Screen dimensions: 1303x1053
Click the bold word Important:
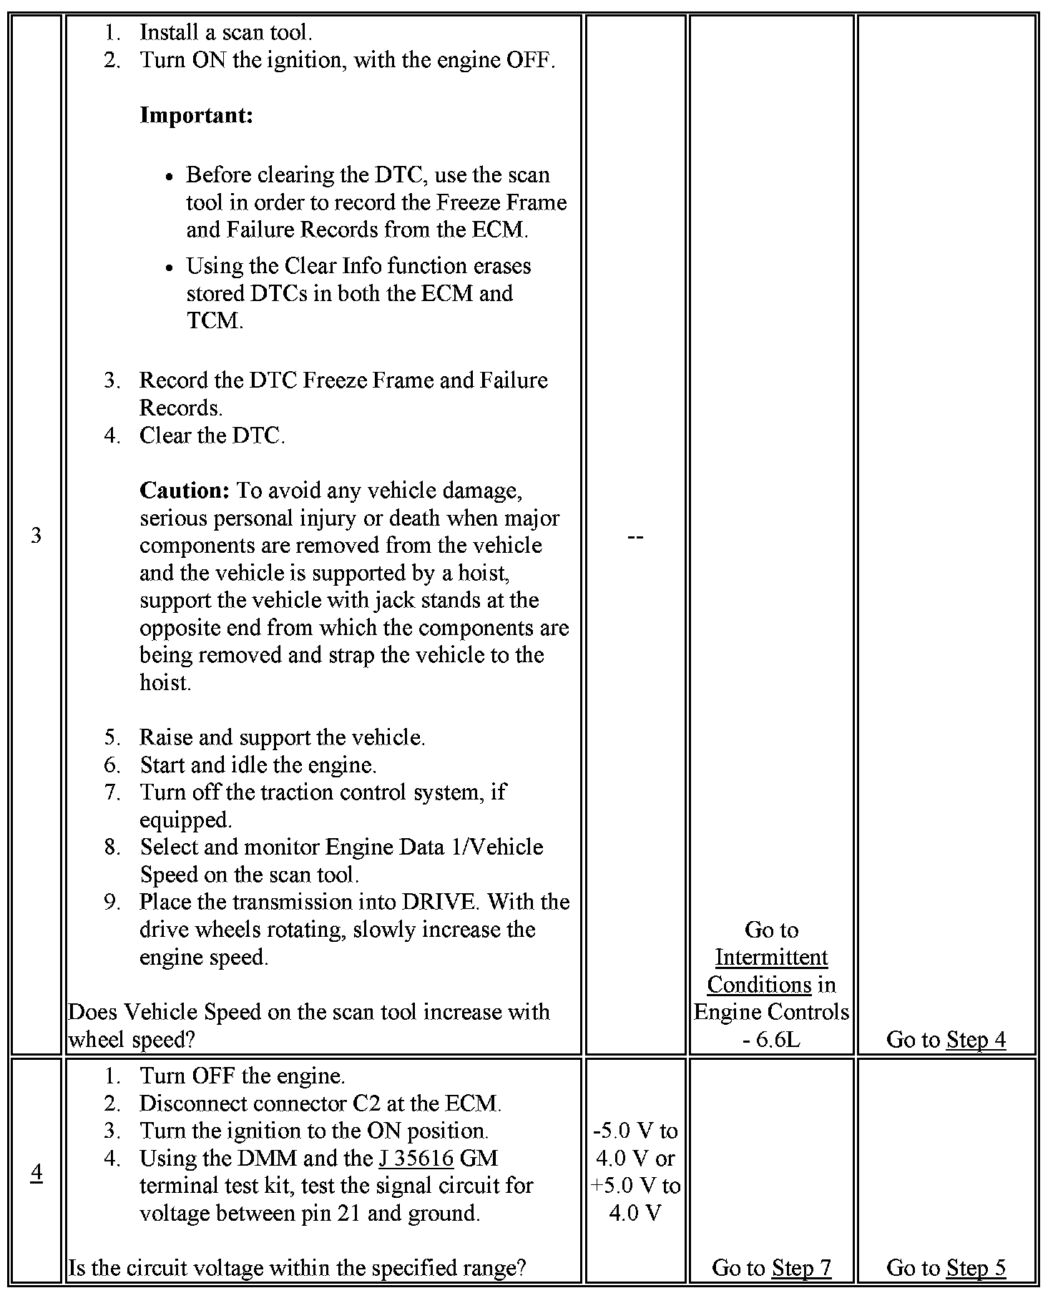[x=196, y=115]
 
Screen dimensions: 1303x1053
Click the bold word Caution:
[x=184, y=491]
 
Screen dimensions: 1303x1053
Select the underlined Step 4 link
[x=976, y=1039]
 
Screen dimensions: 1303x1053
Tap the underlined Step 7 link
[x=801, y=1267]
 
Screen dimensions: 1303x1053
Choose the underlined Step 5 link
[x=976, y=1267]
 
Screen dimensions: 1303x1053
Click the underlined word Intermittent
[x=771, y=957]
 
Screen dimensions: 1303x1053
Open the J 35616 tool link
[x=416, y=1158]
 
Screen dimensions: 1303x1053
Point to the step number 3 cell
[x=36, y=535]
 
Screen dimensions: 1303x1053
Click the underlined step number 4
[x=36, y=1172]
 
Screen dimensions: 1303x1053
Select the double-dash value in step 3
[x=635, y=536]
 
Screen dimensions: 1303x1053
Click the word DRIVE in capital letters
[x=439, y=902]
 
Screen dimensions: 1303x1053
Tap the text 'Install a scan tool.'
[x=225, y=32]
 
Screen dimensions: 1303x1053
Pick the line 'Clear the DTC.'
[x=212, y=436]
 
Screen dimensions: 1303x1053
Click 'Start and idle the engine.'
[x=258, y=765]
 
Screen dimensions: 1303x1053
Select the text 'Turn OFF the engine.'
[x=242, y=1076]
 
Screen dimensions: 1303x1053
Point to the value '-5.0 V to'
[x=635, y=1131]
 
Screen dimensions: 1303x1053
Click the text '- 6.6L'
[x=771, y=1039]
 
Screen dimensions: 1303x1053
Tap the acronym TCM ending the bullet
[x=215, y=320]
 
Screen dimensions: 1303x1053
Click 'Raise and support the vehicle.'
[x=282, y=737]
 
